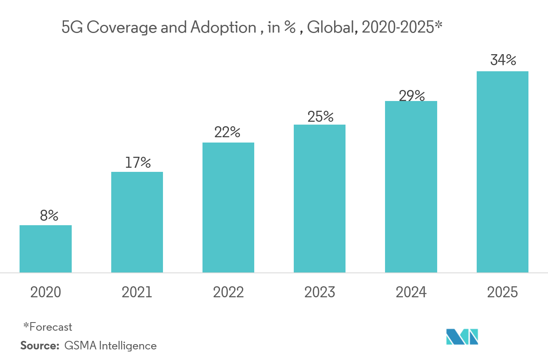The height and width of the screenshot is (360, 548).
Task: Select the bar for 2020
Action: (46, 249)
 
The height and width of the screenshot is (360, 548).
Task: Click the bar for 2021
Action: (137, 222)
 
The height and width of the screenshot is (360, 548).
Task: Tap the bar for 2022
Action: (228, 207)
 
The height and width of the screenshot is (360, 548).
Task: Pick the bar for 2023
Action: (319, 198)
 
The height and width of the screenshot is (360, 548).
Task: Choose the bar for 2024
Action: (411, 187)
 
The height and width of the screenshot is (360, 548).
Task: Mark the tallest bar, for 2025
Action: (502, 172)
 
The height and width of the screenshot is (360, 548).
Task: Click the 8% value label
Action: (49, 215)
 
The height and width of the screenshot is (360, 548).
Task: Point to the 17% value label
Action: (138, 162)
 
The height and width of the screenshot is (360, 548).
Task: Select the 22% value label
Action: (228, 132)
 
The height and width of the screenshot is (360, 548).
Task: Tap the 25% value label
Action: (321, 116)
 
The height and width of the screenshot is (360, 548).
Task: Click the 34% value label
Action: (503, 60)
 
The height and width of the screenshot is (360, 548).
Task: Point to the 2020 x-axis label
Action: (46, 292)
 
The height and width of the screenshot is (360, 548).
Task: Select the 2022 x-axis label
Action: (228, 292)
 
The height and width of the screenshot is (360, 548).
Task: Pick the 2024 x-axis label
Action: (411, 292)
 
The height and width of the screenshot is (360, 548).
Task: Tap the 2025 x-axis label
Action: (502, 292)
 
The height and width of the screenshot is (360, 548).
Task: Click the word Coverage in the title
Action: (112, 28)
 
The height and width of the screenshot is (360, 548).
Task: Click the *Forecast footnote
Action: (48, 327)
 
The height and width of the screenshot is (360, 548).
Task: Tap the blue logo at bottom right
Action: (462, 336)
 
